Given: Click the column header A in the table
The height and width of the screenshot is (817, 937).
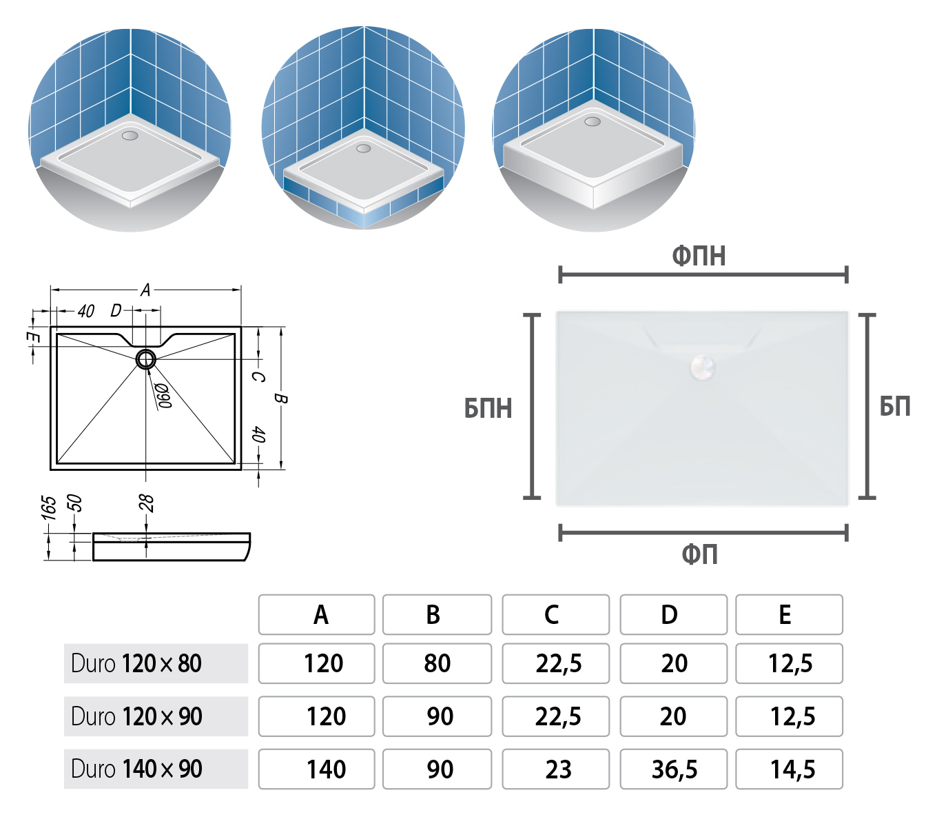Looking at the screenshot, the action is [x=316, y=614].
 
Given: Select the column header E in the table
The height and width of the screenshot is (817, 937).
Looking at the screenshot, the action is [x=789, y=614].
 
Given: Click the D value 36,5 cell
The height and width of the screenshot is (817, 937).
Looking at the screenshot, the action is [x=674, y=769].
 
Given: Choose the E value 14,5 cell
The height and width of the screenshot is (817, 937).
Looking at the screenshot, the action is [x=789, y=769].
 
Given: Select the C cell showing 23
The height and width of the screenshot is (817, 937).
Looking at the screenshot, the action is [x=556, y=769].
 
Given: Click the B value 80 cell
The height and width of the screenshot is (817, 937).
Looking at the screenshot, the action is [x=437, y=663].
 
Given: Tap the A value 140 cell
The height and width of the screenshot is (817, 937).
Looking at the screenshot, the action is [x=316, y=769].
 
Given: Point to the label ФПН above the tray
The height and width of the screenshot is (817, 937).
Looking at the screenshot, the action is [x=699, y=256].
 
